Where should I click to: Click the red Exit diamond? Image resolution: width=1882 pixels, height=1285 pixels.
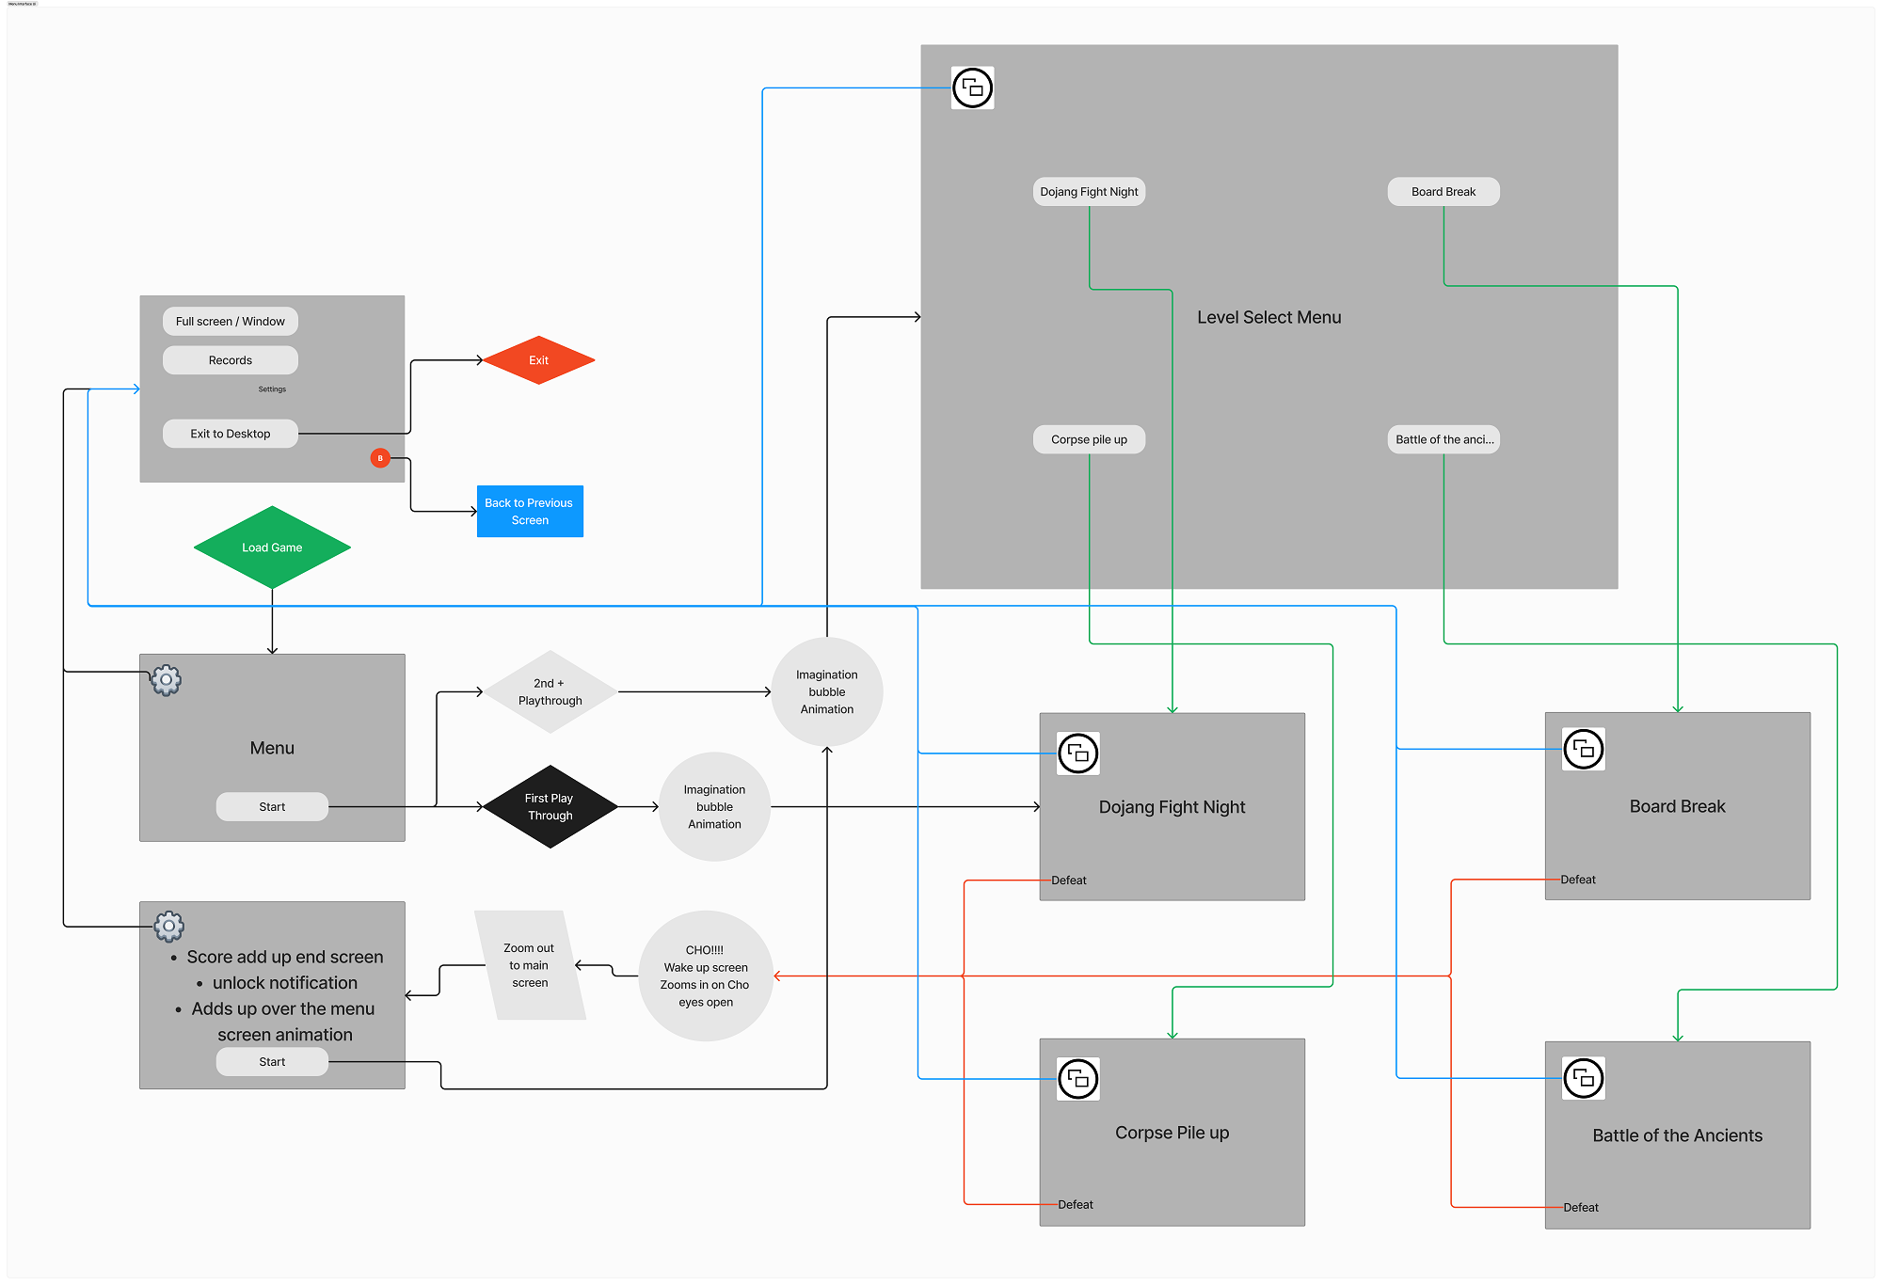(x=538, y=360)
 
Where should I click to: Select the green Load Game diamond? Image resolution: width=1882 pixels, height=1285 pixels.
(x=272, y=547)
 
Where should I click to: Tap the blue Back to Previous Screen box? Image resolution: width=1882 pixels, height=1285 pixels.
(x=530, y=512)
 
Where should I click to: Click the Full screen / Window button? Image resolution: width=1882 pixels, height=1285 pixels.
(x=231, y=322)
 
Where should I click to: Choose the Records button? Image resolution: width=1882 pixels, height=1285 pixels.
(x=231, y=360)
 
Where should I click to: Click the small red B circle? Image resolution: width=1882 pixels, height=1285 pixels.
(x=380, y=458)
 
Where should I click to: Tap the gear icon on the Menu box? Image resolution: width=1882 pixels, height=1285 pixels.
(x=167, y=679)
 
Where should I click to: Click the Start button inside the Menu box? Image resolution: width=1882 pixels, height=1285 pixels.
(x=272, y=807)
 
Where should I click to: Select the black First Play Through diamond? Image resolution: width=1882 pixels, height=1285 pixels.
(x=550, y=807)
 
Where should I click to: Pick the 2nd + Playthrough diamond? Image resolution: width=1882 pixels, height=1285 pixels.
(x=550, y=692)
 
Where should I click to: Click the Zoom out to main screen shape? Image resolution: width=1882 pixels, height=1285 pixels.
(x=530, y=965)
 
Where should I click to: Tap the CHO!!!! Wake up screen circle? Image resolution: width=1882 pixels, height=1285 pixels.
(x=706, y=976)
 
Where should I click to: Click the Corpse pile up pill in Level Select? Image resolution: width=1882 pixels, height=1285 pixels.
(x=1089, y=439)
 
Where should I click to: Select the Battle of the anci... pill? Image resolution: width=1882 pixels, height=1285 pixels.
(x=1443, y=439)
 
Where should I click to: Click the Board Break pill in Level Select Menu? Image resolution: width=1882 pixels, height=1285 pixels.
(x=1443, y=192)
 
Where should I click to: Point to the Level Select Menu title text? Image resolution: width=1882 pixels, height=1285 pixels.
(x=1268, y=318)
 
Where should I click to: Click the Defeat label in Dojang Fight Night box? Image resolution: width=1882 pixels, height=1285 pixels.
(x=1069, y=880)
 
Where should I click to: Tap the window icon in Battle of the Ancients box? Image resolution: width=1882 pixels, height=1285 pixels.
(x=1584, y=1078)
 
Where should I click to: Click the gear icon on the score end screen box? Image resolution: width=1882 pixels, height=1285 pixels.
(x=169, y=927)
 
